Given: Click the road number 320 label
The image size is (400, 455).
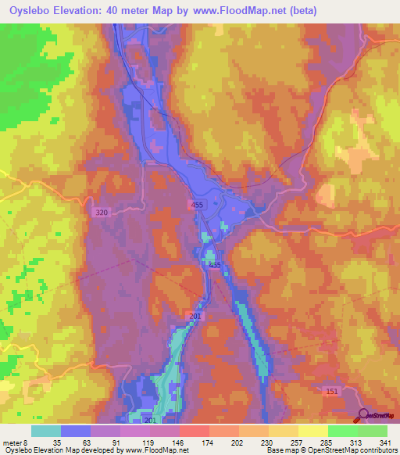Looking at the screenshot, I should tap(102, 213).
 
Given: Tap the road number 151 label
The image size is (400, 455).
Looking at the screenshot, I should tap(331, 390).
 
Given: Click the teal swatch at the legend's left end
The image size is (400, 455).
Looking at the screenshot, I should tap(46, 431).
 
